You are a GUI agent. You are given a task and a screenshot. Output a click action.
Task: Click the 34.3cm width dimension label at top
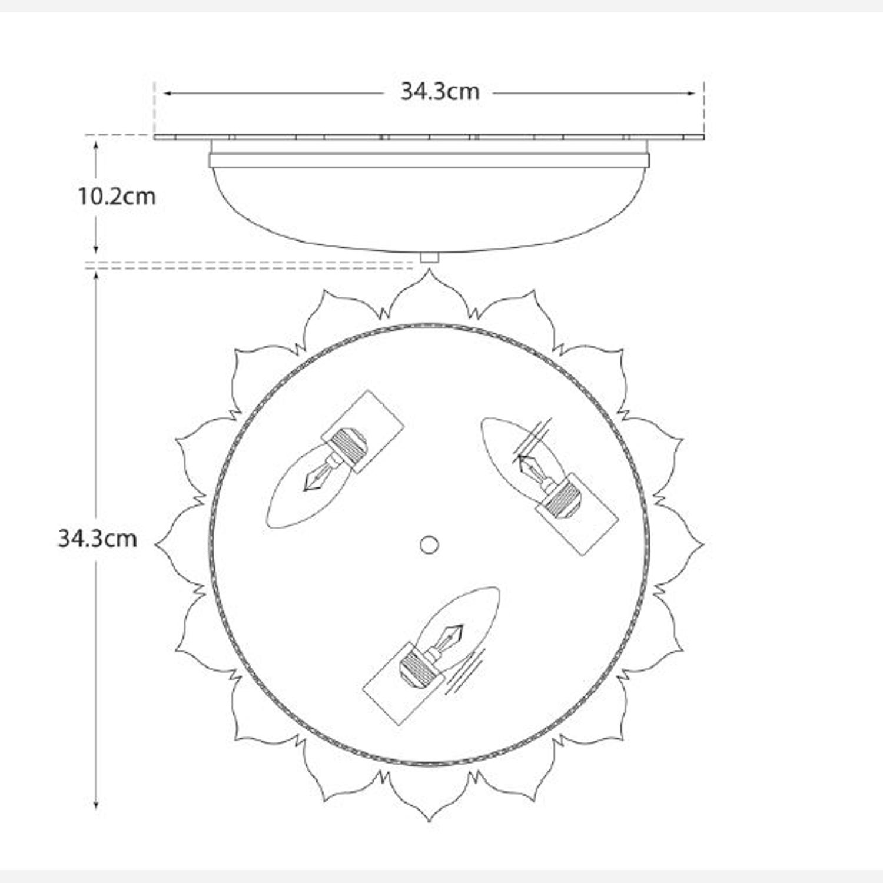click(x=440, y=92)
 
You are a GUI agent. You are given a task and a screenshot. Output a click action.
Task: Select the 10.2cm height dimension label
click(x=117, y=196)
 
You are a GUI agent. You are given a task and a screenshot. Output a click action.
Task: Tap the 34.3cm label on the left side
click(x=97, y=539)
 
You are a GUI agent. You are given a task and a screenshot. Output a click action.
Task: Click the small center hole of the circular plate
click(x=429, y=545)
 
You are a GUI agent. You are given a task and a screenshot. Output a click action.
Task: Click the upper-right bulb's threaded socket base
click(x=560, y=497)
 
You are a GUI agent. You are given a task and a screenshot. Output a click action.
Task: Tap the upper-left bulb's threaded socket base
click(x=348, y=446)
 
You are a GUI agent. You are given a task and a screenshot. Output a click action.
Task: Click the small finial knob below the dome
click(x=429, y=257)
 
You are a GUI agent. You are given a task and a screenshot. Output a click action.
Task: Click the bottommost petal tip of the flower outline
click(x=429, y=820)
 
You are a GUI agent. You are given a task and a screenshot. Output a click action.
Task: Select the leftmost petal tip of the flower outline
click(x=155, y=545)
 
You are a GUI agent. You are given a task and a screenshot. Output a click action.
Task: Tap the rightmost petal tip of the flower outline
click(x=703, y=545)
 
